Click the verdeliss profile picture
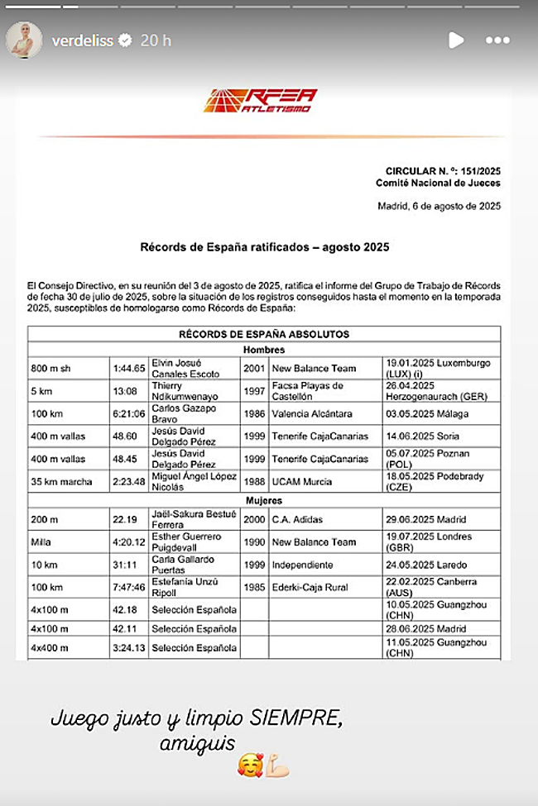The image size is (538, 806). pos(24,40)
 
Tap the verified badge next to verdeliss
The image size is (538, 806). pos(126,41)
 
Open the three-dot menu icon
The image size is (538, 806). pos(497,40)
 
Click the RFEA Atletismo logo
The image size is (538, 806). pos(261,101)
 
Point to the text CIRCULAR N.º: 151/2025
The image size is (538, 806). pos(443,170)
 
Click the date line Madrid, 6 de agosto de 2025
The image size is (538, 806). pos(439,207)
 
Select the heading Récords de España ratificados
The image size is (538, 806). pos(264,246)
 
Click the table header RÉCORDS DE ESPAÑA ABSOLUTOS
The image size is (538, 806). pos(264,335)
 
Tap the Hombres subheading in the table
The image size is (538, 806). pos(264,350)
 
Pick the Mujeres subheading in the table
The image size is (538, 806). pos(264,500)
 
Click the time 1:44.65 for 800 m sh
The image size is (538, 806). pos(128,369)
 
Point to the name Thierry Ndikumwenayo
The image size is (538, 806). pos(184,391)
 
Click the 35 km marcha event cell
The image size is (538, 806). pos(59,481)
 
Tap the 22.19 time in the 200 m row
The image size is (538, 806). pos(124,520)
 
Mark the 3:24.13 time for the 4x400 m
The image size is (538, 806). pos(128,647)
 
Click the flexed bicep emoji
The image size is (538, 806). pos(279,766)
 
